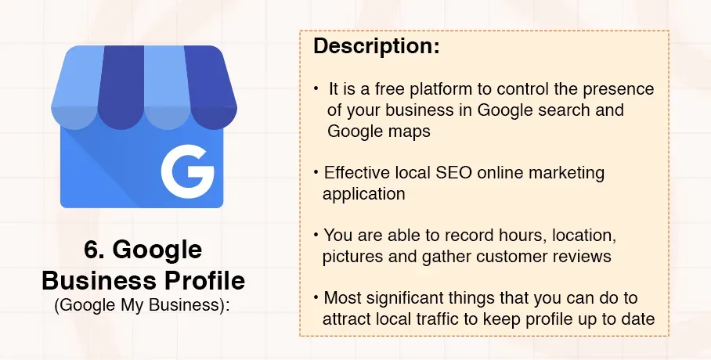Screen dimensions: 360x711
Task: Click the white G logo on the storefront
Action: (x=188, y=170)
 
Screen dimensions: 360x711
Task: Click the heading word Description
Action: (x=376, y=46)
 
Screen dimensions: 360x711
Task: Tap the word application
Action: (x=363, y=193)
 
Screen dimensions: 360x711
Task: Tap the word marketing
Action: (x=568, y=172)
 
